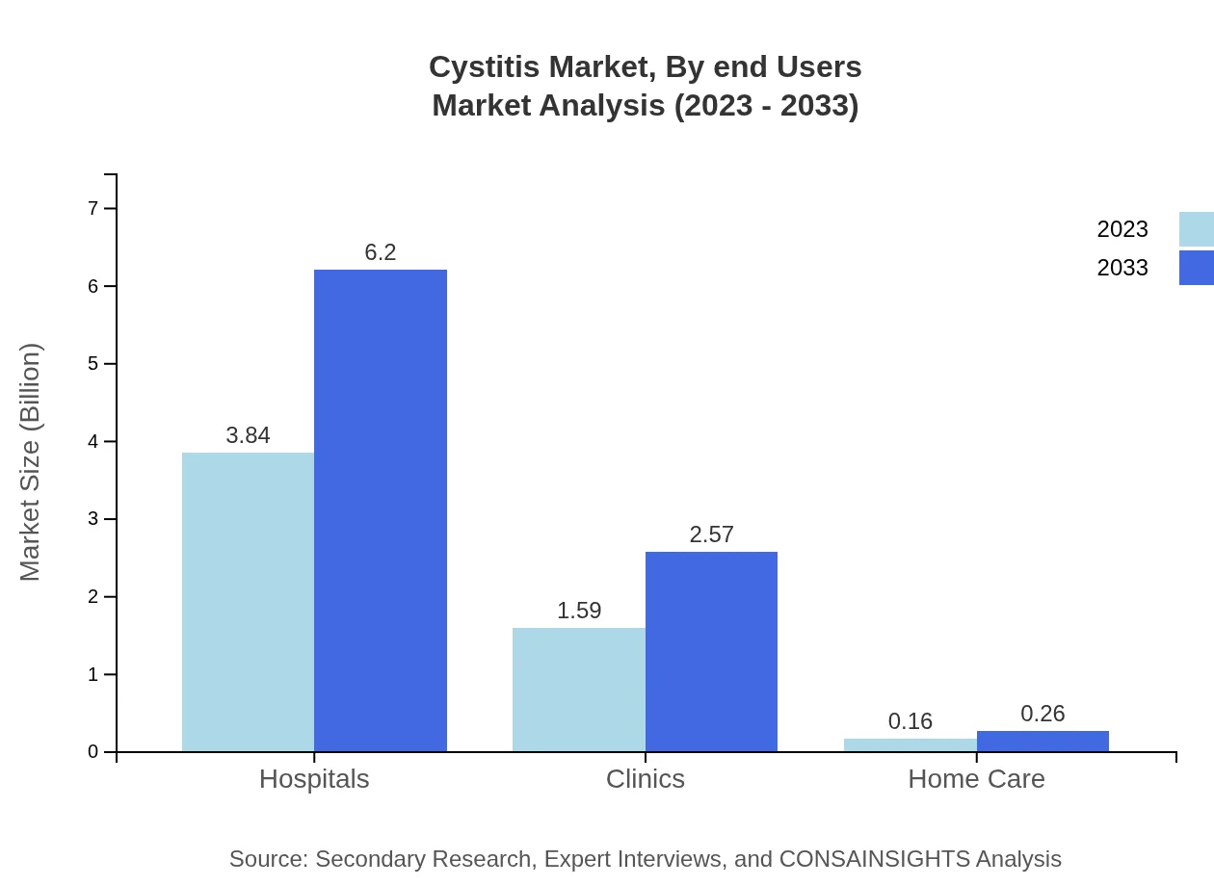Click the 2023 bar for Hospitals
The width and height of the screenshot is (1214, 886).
click(248, 602)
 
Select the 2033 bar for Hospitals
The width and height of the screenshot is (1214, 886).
click(381, 510)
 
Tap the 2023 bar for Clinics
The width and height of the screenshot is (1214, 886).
click(579, 690)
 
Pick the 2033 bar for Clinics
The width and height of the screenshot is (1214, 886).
click(711, 651)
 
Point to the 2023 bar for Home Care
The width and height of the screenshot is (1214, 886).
click(910, 745)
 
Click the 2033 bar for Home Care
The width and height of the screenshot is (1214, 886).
click(1042, 742)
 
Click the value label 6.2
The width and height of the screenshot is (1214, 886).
click(381, 252)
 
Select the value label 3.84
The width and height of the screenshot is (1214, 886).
click(248, 435)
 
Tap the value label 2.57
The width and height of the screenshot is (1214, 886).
click(711, 534)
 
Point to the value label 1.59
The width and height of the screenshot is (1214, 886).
click(579, 611)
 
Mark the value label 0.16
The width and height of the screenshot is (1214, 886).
click(910, 721)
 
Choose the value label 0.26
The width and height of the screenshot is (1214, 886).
click(1042, 714)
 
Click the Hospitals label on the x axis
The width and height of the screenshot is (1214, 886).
click(314, 779)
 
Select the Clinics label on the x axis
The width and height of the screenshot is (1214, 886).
click(646, 779)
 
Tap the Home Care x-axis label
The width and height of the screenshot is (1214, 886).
click(976, 779)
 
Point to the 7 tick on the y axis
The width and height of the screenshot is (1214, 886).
click(93, 208)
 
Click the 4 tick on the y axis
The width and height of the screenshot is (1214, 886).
click(93, 441)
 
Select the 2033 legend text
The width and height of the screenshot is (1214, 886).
click(1122, 268)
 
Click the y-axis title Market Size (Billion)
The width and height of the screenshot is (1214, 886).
click(31, 462)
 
